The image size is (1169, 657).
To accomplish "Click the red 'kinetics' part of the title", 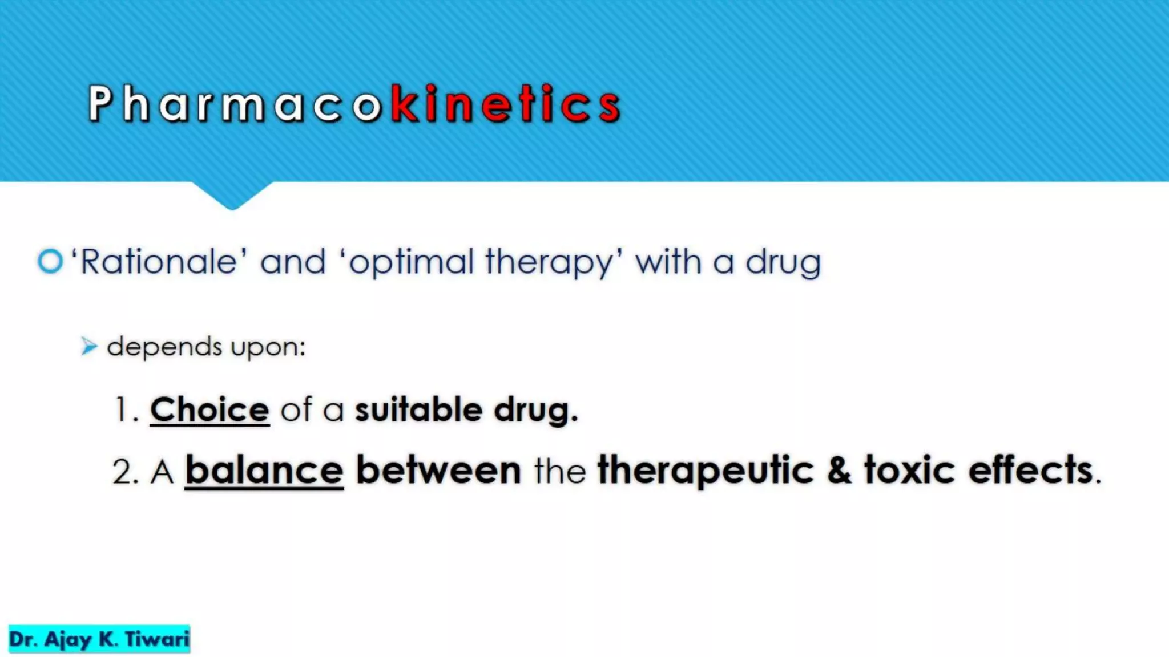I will click(505, 104).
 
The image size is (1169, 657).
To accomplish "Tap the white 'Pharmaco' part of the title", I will click(234, 104).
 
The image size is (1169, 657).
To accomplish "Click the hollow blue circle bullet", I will click(50, 262).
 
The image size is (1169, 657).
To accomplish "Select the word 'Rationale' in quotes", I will click(159, 262).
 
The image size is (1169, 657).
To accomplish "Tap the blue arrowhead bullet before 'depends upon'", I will click(89, 346).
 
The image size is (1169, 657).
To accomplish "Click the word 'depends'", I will click(164, 347).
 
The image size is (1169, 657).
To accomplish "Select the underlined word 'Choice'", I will click(209, 409).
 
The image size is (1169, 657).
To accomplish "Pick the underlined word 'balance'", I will click(264, 471).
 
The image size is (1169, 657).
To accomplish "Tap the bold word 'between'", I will click(438, 471).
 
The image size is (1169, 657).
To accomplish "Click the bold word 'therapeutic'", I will click(705, 471).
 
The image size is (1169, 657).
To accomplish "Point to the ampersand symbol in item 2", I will click(839, 471).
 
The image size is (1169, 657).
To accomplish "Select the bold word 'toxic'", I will click(909, 471).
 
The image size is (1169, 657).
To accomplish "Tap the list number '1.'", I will click(126, 409).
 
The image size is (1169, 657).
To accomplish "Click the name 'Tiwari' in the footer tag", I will click(157, 639).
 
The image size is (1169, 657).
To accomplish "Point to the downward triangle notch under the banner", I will click(232, 195).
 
